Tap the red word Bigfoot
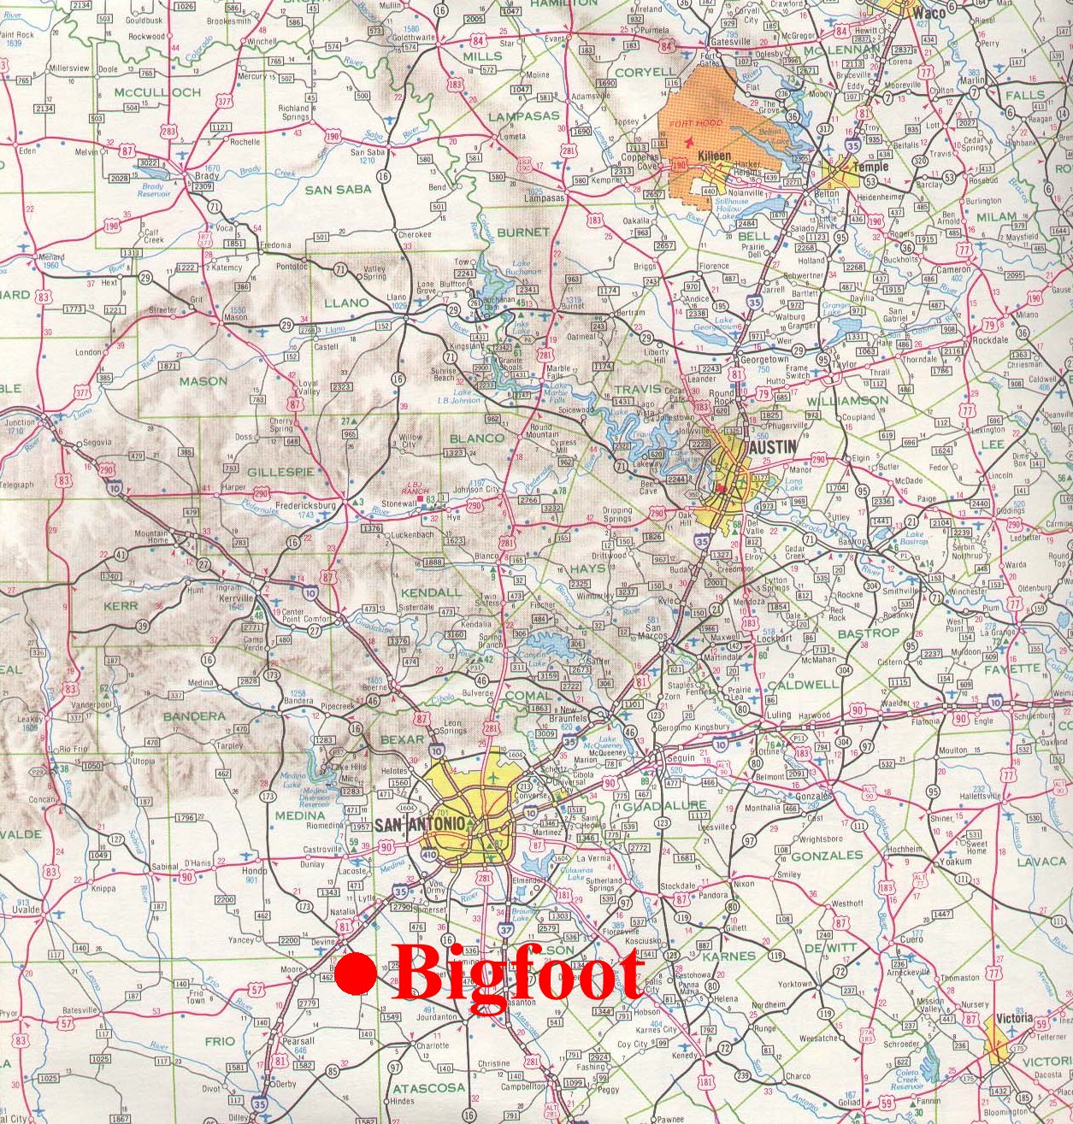(518, 976)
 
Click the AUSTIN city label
(772, 446)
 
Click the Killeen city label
(714, 156)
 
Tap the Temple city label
(870, 167)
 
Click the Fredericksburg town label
(305, 505)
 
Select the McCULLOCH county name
(156, 91)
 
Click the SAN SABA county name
(339, 189)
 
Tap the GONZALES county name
(827, 855)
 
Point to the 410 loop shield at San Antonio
(429, 854)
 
